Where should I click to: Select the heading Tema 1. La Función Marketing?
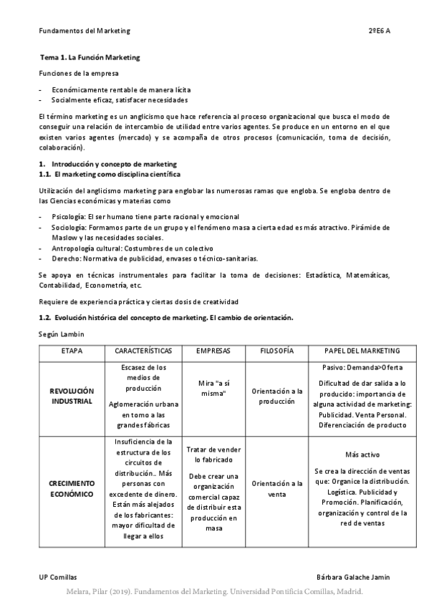pyautogui.click(x=90, y=57)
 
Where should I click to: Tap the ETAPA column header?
pyautogui.click(x=72, y=351)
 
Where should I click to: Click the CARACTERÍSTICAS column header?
pyautogui.click(x=143, y=351)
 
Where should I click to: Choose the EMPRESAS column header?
pyautogui.click(x=212, y=351)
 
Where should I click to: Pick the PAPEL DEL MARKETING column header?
pyautogui.click(x=362, y=351)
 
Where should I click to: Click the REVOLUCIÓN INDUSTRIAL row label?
pyautogui.click(x=72, y=397)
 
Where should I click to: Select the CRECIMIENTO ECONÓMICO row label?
pyautogui.click(x=72, y=489)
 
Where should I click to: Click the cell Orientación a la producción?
pyautogui.click(x=275, y=397)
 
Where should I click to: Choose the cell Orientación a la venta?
pyautogui.click(x=275, y=489)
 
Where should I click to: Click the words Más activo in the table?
pyautogui.click(x=362, y=455)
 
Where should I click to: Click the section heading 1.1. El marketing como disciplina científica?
pyautogui.click(x=110, y=174)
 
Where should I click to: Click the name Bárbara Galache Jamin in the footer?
pyautogui.click(x=353, y=576)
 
